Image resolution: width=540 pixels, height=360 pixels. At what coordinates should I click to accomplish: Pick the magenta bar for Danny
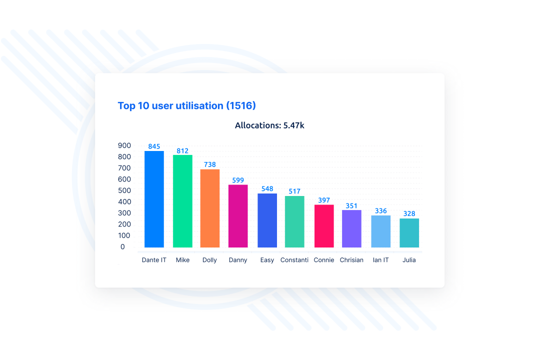pyautogui.click(x=238, y=216)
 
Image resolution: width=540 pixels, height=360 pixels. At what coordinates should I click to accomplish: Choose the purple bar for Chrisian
pyautogui.click(x=351, y=228)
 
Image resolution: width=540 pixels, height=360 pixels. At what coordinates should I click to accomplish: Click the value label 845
pyautogui.click(x=154, y=146)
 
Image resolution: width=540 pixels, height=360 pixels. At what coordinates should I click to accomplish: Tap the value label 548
pyautogui.click(x=267, y=189)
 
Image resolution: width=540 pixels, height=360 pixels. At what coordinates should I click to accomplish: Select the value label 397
pyautogui.click(x=324, y=200)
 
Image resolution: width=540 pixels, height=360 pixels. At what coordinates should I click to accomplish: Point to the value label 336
pyautogui.click(x=381, y=211)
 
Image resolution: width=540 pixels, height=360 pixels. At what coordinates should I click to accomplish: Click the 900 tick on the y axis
pyautogui.click(x=124, y=145)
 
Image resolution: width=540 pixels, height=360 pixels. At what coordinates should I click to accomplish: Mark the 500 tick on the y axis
pyautogui.click(x=124, y=190)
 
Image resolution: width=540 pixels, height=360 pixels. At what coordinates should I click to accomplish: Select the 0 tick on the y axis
pyautogui.click(x=122, y=247)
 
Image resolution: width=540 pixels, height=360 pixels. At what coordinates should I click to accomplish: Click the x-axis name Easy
pyautogui.click(x=267, y=260)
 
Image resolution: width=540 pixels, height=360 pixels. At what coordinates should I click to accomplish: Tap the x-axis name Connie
pyautogui.click(x=324, y=260)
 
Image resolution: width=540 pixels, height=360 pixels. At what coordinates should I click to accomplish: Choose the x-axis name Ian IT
pyautogui.click(x=380, y=260)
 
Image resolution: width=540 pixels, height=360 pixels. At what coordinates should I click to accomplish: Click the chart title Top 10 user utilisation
pyautogui.click(x=186, y=105)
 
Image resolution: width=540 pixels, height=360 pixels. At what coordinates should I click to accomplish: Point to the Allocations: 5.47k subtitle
pyautogui.click(x=269, y=125)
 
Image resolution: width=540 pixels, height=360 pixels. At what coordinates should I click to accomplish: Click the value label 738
pyautogui.click(x=210, y=164)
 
